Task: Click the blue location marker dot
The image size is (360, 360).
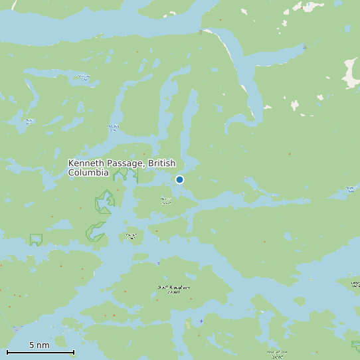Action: click(x=179, y=179)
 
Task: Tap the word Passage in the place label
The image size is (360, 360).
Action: click(x=125, y=163)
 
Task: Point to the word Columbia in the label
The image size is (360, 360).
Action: click(x=88, y=173)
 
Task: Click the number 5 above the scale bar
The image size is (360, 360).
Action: click(x=31, y=345)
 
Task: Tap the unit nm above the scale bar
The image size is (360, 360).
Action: click(x=43, y=345)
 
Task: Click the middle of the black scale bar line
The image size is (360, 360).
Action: click(x=41, y=352)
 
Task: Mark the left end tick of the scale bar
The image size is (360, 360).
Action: click(x=7, y=352)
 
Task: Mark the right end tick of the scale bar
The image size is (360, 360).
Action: click(x=74, y=352)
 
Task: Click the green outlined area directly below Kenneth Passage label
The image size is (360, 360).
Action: click(x=124, y=175)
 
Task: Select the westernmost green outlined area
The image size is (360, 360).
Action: click(x=36, y=239)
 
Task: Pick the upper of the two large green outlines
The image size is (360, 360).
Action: click(x=104, y=201)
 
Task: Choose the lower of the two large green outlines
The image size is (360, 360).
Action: click(x=95, y=231)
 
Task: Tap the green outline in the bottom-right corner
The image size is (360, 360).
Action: click(x=355, y=345)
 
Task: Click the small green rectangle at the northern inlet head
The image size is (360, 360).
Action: click(x=200, y=32)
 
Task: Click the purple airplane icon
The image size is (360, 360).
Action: click(x=201, y=321)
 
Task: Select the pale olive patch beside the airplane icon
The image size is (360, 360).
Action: click(x=188, y=324)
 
